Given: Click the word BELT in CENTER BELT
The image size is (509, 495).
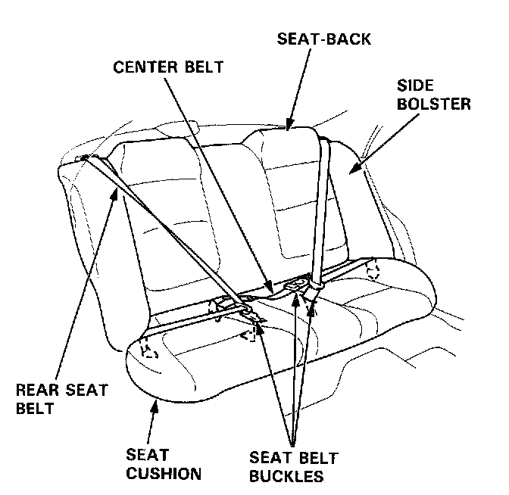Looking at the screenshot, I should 202,67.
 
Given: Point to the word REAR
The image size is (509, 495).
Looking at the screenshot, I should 33,391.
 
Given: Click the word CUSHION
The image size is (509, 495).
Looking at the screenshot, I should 164,475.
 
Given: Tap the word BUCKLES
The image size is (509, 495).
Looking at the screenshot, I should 286,477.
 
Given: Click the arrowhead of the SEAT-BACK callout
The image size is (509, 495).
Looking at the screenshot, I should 289,126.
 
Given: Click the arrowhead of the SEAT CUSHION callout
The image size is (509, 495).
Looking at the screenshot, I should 155,402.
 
